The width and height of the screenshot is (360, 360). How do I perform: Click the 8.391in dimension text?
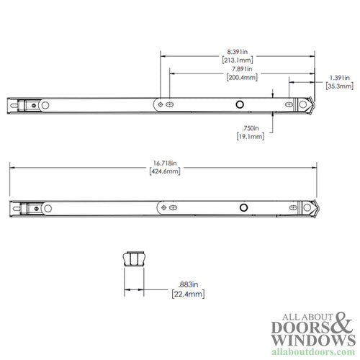[237, 51]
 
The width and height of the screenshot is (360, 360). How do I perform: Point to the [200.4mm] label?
[237, 78]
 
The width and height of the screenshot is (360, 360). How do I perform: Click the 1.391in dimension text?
[338, 78]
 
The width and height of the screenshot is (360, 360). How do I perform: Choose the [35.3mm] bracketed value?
[338, 86]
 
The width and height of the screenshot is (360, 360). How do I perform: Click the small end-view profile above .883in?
[131, 257]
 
